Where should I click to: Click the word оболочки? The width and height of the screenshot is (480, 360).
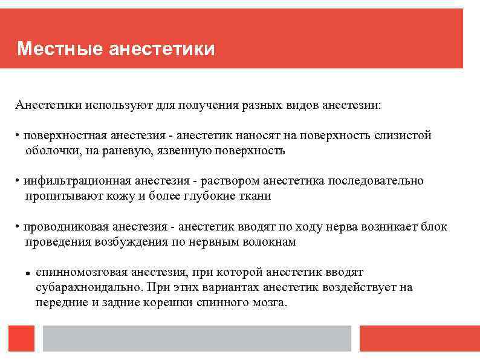point(51,150)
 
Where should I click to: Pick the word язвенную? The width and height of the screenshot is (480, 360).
point(175,150)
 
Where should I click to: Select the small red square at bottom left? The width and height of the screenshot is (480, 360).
point(22,338)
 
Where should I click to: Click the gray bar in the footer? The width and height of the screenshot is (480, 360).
point(197,338)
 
